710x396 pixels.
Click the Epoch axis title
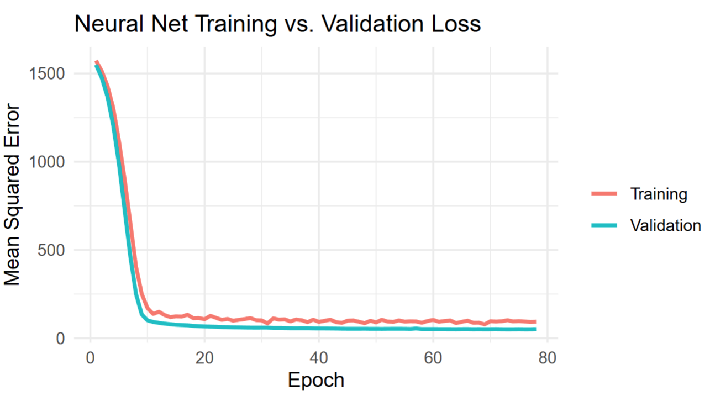pos(316,381)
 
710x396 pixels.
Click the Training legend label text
pos(659,194)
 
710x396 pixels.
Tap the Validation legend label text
pos(665,225)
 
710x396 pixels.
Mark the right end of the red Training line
pos(535,322)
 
